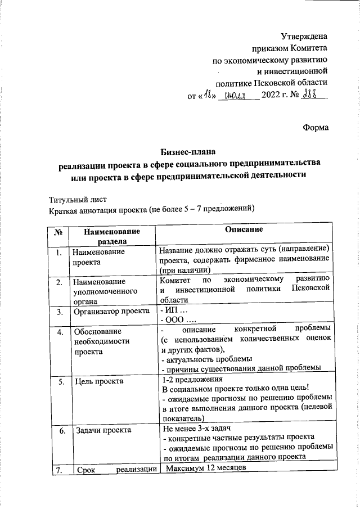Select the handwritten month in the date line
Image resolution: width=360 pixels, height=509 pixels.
click(238, 96)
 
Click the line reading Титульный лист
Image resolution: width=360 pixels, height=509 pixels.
click(77, 199)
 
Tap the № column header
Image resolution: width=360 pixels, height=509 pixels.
click(58, 231)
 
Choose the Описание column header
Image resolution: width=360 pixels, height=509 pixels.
click(245, 230)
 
